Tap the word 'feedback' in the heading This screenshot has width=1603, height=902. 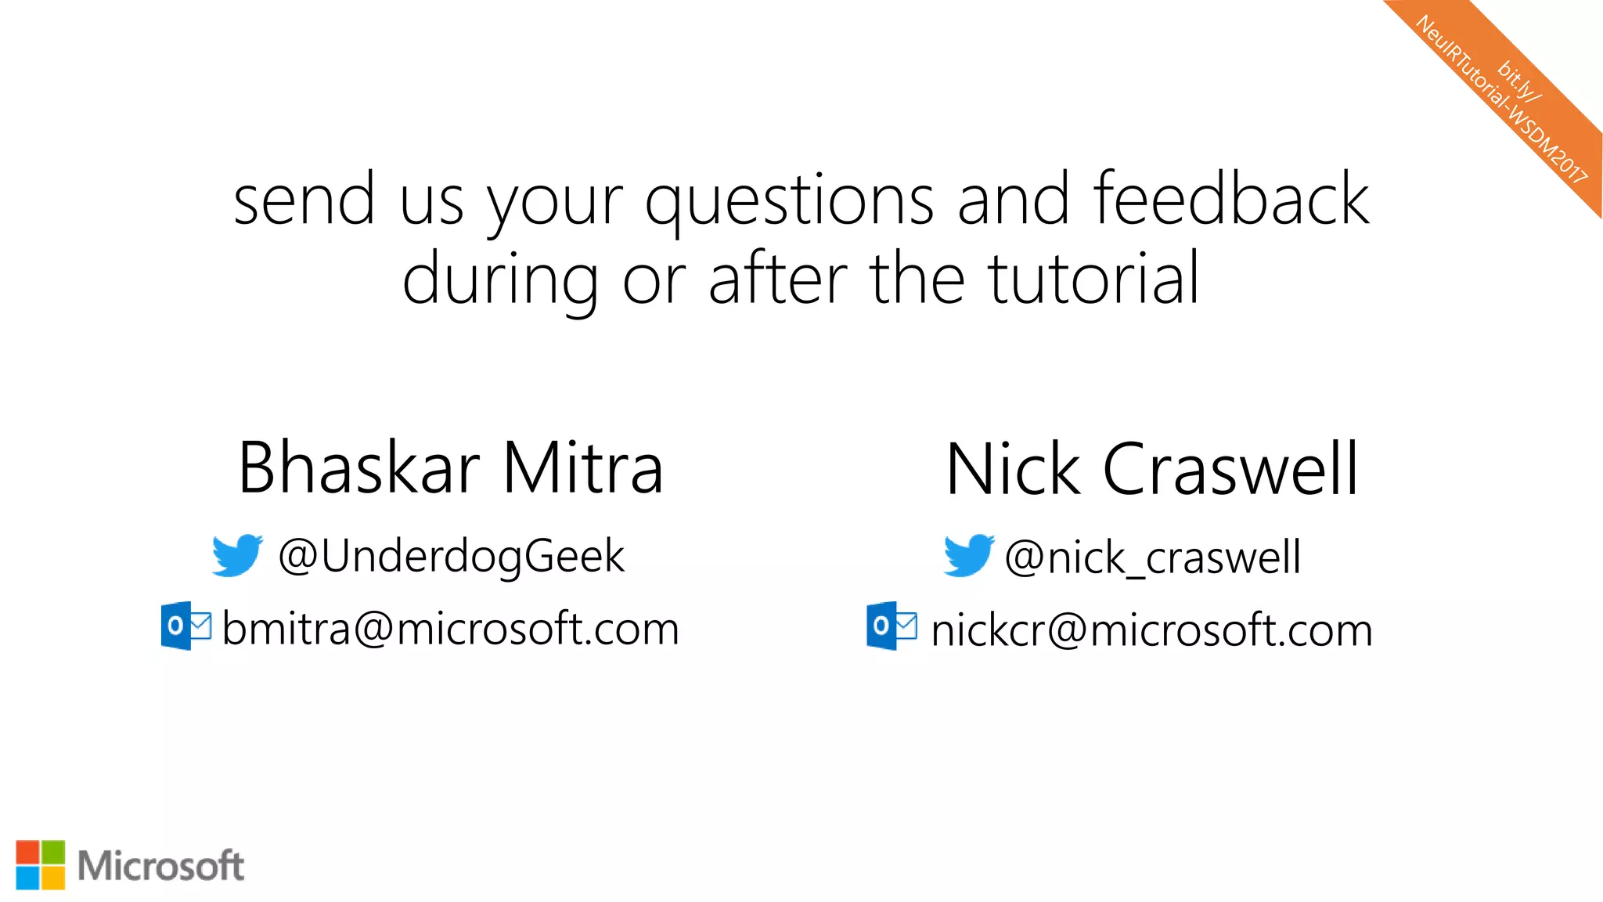1231,199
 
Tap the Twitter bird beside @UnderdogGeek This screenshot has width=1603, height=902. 237,555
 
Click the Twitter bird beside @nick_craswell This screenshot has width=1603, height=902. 969,556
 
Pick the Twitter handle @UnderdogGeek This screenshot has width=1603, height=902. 452,557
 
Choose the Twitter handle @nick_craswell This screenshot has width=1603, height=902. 1152,558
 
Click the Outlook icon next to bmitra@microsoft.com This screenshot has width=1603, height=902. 186,626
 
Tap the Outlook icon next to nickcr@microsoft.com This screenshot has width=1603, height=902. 892,626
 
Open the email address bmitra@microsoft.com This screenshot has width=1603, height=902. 451,629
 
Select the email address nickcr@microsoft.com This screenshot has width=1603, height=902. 1151,630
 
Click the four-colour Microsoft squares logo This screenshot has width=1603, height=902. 41,865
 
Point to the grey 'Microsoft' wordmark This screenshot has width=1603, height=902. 161,866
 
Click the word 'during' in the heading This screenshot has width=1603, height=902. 500,280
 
